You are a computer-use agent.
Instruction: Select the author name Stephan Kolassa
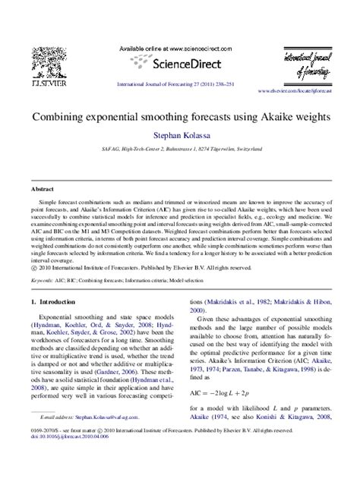[179, 139]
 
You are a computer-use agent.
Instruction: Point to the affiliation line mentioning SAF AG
[179, 152]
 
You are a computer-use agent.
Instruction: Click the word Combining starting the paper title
[57, 119]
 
